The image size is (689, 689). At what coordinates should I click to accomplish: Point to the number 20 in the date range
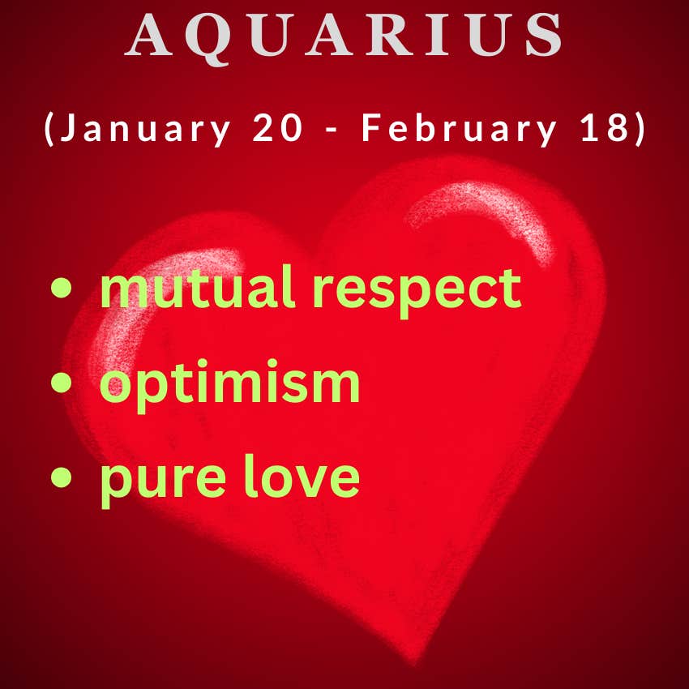tap(278, 128)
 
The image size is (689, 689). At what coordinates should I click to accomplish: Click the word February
tap(459, 127)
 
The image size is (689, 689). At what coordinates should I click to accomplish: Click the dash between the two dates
tap(332, 130)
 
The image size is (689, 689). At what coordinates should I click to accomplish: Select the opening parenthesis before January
tap(49, 129)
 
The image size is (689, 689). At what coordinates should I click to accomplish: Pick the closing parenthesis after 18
tap(640, 129)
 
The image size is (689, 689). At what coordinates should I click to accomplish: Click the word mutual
tap(198, 288)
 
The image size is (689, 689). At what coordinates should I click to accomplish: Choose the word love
tap(302, 476)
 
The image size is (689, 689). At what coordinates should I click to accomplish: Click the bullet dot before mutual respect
tap(61, 288)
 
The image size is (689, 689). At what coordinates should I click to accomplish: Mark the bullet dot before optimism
tap(61, 382)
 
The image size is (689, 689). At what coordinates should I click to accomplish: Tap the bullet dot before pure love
tap(61, 477)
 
